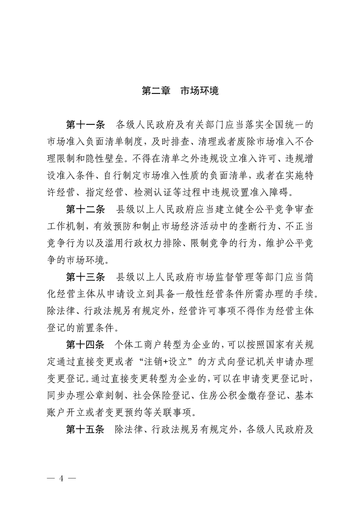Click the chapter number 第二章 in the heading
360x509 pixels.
156,91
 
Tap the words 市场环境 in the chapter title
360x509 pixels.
200,91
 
